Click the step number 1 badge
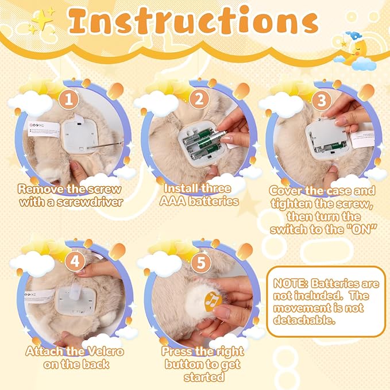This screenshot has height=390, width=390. pos(69,98)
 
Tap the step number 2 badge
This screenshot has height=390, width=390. pos(199,98)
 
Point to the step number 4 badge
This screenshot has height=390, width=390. pos(75,260)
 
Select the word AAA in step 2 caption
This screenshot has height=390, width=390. pos(179,201)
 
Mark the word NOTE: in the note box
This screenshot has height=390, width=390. pos(292,284)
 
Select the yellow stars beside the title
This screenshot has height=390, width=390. pos(41,18)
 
